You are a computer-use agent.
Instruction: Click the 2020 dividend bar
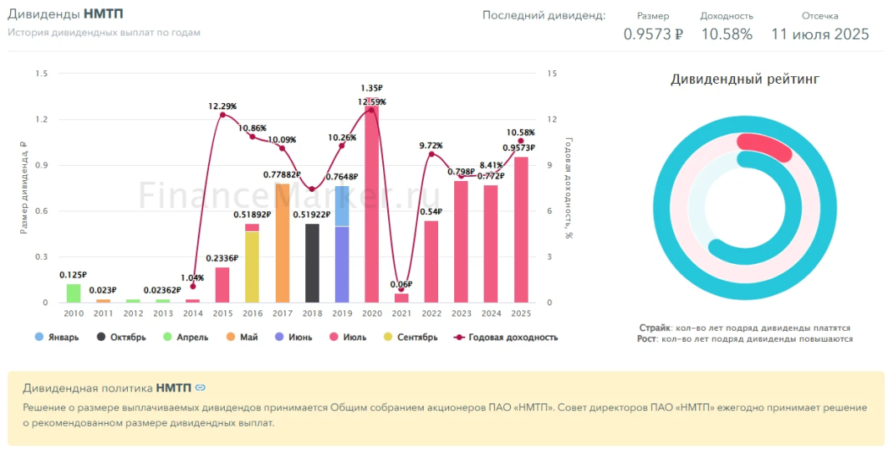click(x=371, y=203)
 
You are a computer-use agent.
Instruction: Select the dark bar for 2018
click(x=312, y=263)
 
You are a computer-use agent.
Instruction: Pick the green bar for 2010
click(x=74, y=293)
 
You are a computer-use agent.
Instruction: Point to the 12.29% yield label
click(x=222, y=107)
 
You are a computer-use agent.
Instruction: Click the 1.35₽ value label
click(x=372, y=88)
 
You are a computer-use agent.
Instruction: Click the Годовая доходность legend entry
click(x=506, y=337)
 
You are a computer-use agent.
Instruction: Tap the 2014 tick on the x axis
click(x=193, y=314)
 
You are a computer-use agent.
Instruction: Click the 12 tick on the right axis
click(x=552, y=119)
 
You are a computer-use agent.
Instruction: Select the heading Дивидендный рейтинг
click(x=744, y=80)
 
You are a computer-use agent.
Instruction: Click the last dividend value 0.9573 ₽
click(x=653, y=35)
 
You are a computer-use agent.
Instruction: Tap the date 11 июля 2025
click(x=819, y=35)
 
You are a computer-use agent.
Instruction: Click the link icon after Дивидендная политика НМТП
click(x=200, y=387)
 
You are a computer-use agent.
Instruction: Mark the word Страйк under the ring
click(x=655, y=327)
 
